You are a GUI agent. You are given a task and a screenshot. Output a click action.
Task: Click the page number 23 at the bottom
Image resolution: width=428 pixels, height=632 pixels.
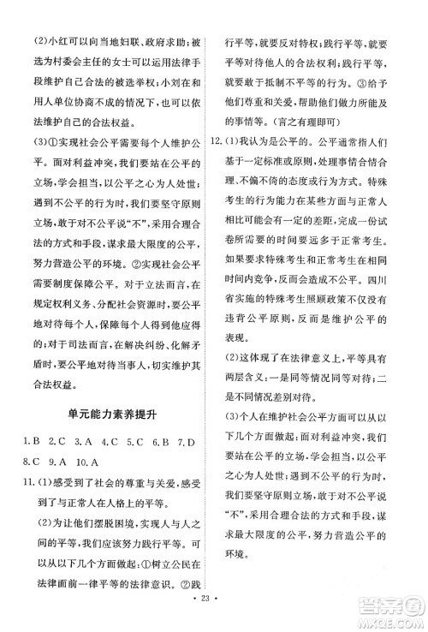214,615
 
